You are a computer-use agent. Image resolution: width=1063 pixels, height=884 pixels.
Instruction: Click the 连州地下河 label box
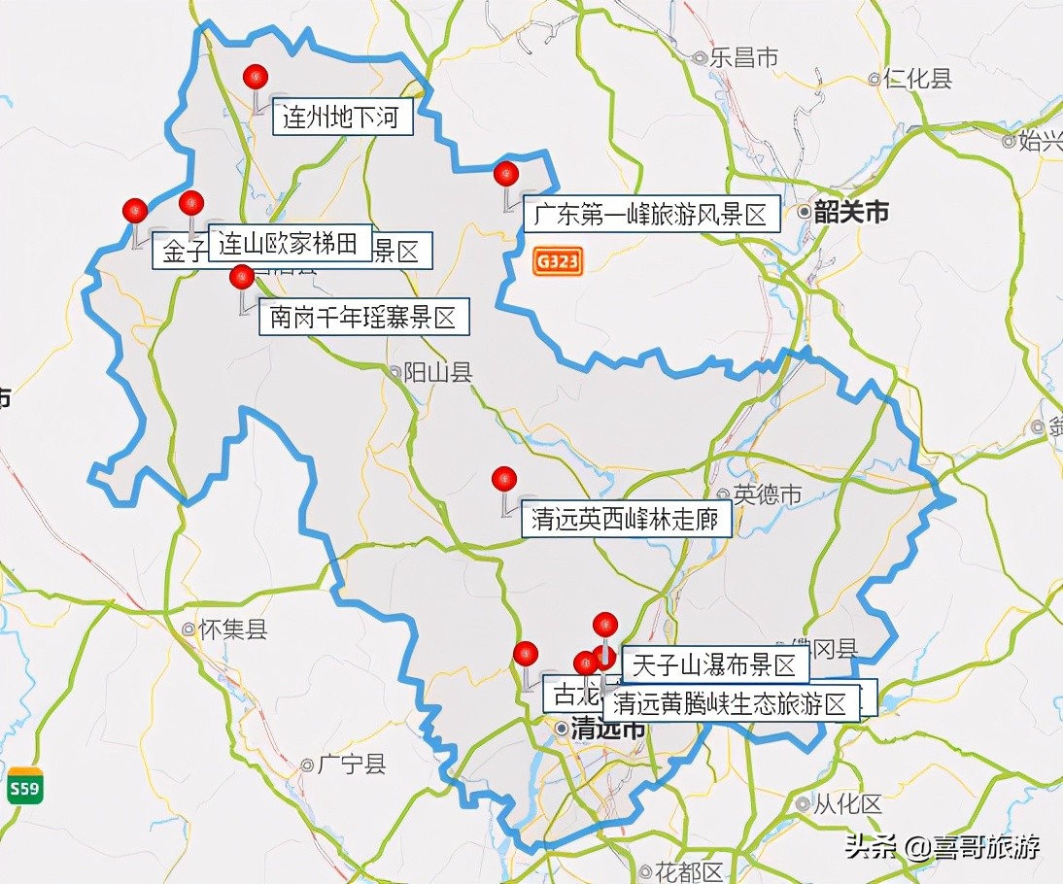click(341, 119)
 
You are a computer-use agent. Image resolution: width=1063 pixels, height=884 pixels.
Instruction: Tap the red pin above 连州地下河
click(256, 77)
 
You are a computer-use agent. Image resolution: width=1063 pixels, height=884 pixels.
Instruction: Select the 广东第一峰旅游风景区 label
click(652, 214)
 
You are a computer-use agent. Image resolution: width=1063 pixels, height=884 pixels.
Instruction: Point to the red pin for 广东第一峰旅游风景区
click(506, 174)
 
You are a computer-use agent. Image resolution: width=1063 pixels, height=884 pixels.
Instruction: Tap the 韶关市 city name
click(851, 212)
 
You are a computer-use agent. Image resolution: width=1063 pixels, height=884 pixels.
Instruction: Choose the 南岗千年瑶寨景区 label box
click(363, 317)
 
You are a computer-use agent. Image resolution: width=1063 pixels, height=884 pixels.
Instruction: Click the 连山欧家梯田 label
click(289, 243)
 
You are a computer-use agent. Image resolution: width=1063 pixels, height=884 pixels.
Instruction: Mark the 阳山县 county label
click(437, 372)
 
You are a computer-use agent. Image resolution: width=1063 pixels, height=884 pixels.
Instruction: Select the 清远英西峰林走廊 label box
click(625, 520)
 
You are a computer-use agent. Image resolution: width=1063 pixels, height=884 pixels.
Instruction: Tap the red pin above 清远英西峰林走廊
click(503, 478)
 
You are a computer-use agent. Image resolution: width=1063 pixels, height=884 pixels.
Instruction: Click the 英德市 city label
click(768, 494)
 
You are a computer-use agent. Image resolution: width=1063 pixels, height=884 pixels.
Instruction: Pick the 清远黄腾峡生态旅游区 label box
click(731, 703)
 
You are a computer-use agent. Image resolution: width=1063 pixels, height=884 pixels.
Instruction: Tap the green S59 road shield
click(24, 788)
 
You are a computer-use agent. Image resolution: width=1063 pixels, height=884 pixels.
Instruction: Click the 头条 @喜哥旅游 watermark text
click(942, 847)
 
